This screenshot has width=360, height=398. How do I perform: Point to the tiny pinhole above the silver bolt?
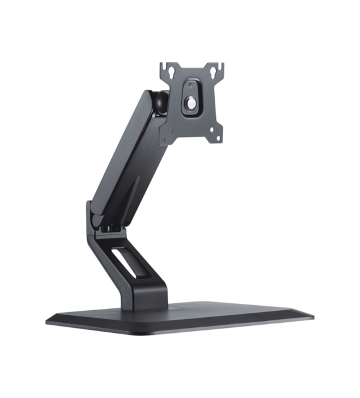coord(190,84)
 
